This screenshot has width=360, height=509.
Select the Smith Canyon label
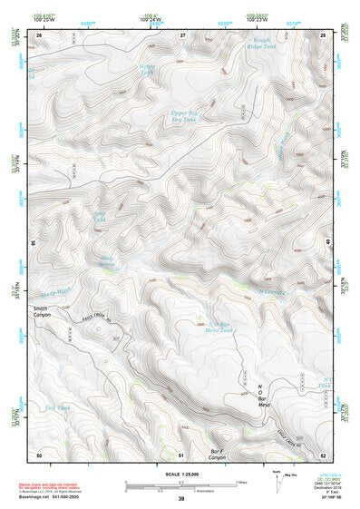[x=44, y=313]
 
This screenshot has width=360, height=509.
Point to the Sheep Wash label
[x=55, y=293]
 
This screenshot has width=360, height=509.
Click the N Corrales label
[x=273, y=291]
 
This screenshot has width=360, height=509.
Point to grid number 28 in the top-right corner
[x=324, y=34]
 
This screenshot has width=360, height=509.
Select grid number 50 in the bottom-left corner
[x=39, y=454]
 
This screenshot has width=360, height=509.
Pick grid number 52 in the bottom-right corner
[x=324, y=454]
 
